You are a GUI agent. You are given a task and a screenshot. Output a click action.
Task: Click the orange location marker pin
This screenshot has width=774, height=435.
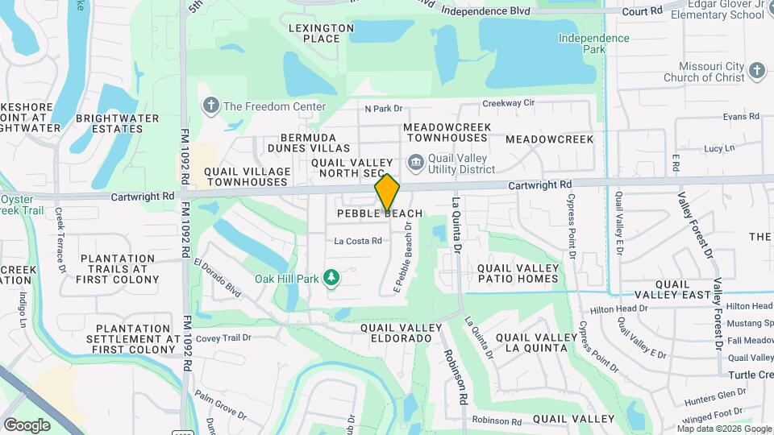(x=387, y=193)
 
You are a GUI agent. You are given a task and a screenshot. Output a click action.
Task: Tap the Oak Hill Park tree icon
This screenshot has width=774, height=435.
(x=331, y=279)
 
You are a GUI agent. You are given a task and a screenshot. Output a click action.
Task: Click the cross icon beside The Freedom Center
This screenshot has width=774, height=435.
(x=211, y=106)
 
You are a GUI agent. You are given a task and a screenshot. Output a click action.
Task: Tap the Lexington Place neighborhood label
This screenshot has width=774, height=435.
(x=321, y=33)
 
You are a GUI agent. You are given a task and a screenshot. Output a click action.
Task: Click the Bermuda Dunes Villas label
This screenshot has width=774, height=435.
(x=315, y=143)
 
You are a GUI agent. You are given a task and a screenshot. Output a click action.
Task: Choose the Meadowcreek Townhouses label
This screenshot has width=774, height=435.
(x=447, y=133)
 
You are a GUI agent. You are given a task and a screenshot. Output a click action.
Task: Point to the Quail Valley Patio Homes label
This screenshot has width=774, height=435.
(x=518, y=273)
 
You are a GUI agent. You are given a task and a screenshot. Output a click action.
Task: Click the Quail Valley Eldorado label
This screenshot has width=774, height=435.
(x=401, y=333)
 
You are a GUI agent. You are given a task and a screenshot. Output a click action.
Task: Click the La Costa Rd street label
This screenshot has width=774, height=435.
(x=358, y=241)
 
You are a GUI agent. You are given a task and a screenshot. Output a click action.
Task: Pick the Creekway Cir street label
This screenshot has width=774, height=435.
(x=508, y=103)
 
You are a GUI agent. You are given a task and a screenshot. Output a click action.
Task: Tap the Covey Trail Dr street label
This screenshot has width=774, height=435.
(x=218, y=338)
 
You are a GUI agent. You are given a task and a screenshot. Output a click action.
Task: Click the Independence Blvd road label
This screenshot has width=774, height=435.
(x=484, y=11)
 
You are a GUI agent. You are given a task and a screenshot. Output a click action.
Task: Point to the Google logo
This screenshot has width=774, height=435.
(x=27, y=425)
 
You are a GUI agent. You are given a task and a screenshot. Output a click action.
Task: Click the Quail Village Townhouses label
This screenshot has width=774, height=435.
(x=248, y=176)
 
